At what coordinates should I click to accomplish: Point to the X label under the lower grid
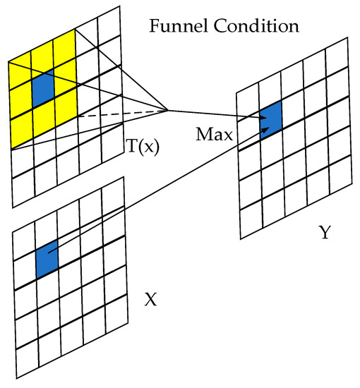[150, 299]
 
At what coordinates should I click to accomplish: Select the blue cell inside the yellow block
[42, 85]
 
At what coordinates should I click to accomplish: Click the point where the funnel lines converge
[167, 109]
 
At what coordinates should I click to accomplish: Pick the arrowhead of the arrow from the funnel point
[271, 119]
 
